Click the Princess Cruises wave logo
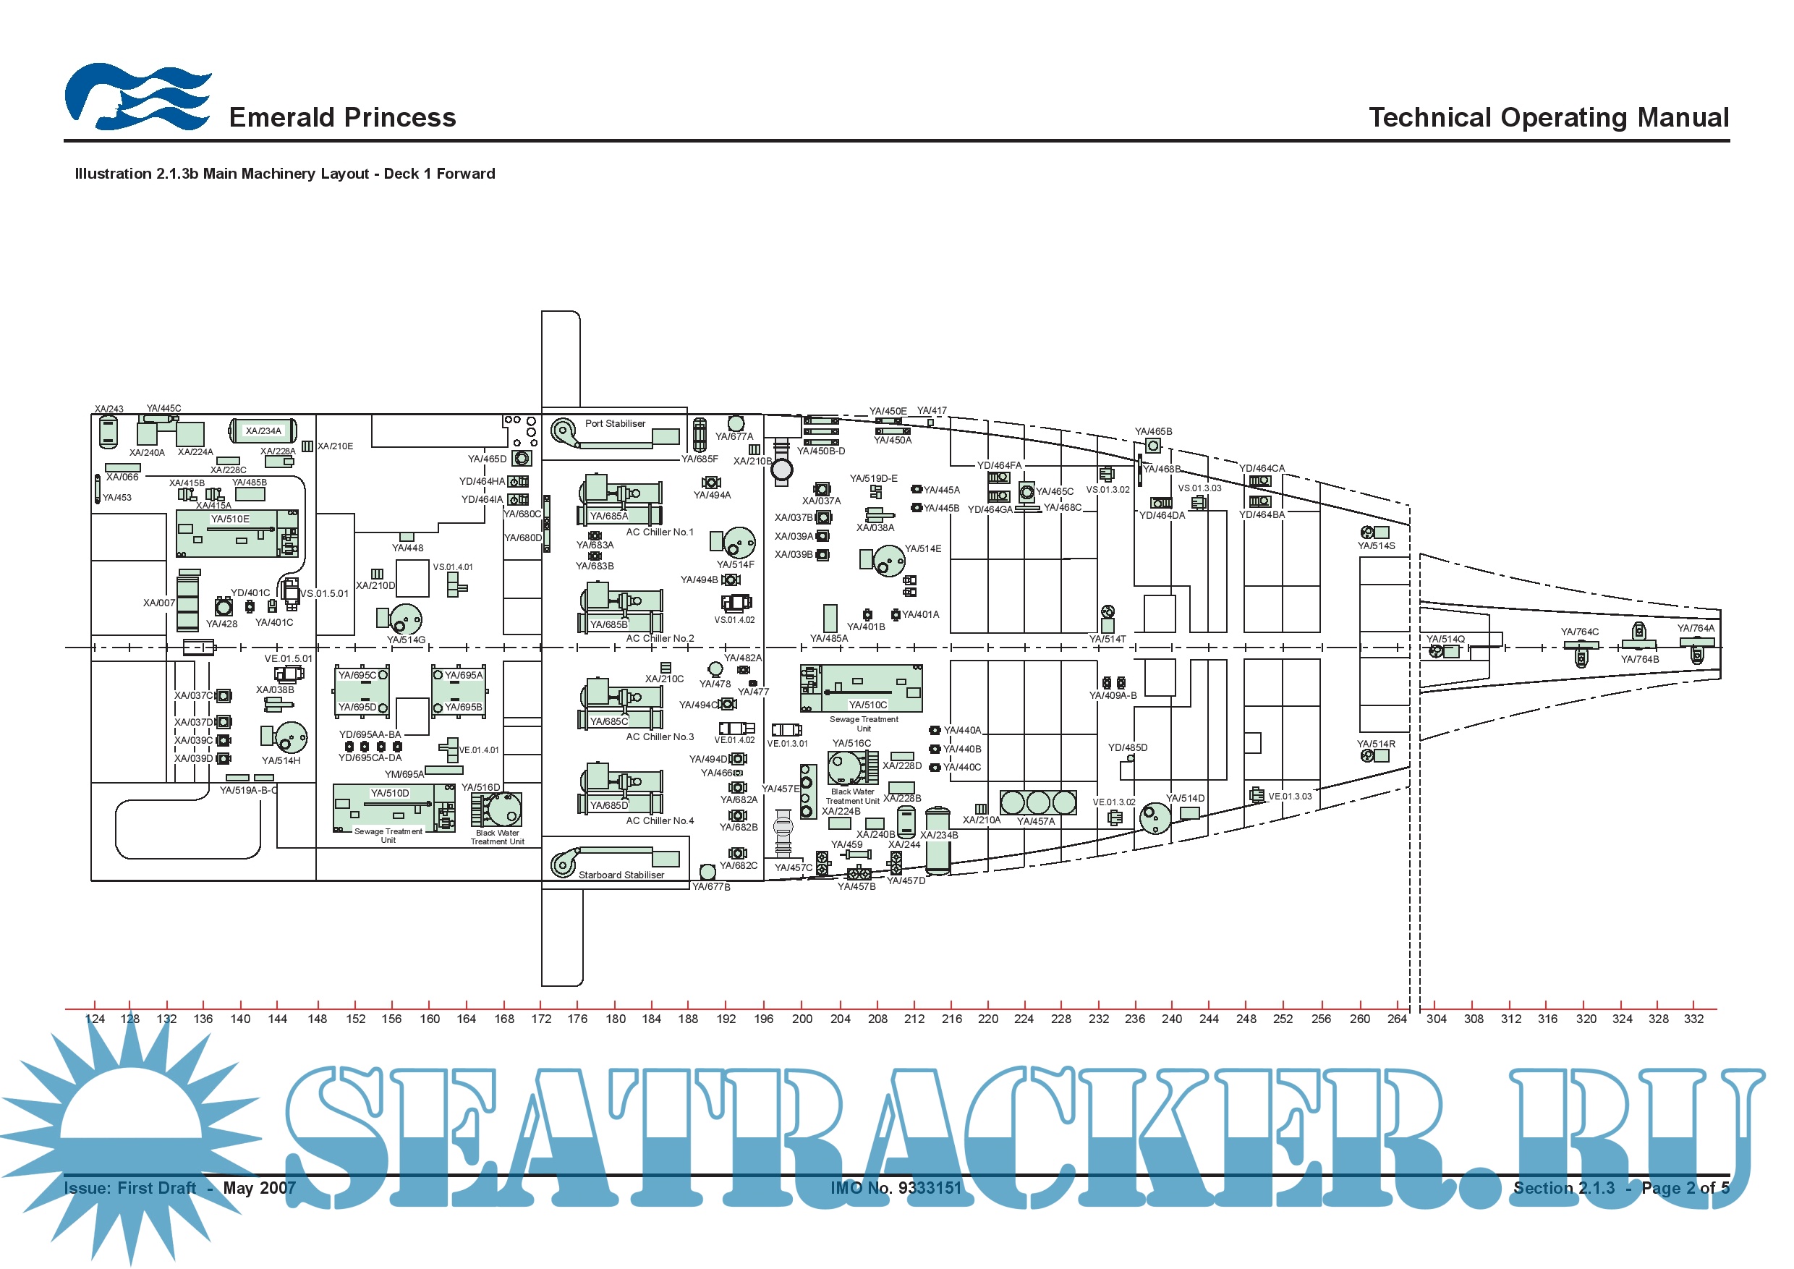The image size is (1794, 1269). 137,97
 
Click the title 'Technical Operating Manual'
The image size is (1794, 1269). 1548,117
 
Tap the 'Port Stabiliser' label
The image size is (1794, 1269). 615,423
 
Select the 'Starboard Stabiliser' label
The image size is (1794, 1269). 621,875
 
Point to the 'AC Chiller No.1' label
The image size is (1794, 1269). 660,532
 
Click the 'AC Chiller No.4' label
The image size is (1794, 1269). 660,820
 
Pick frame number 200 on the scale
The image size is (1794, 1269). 802,1019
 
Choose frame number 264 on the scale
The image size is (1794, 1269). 1396,1019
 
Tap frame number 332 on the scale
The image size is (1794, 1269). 1693,1019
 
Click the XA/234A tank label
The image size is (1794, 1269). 263,430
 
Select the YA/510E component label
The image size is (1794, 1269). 230,519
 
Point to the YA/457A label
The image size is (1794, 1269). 1035,821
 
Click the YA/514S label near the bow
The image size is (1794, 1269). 1376,546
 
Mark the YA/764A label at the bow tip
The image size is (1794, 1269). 1696,628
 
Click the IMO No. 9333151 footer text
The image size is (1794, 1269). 896,1188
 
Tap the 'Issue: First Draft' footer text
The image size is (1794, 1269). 129,1188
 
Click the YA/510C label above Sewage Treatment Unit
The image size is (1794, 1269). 867,705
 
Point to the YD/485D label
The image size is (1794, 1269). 1128,748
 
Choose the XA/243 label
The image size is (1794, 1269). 109,409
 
